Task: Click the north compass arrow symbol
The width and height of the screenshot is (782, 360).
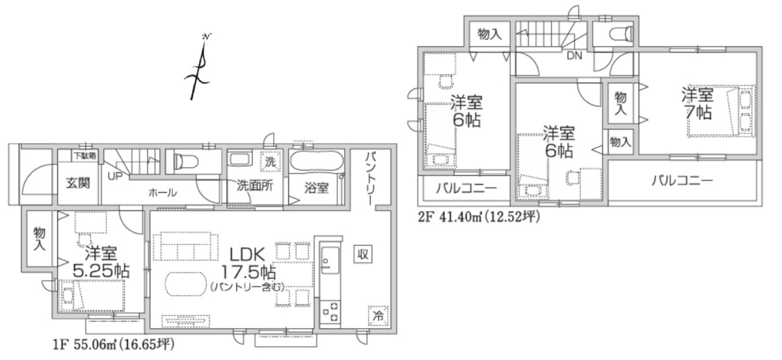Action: tap(199, 67)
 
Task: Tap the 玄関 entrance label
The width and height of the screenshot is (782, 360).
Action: tap(78, 183)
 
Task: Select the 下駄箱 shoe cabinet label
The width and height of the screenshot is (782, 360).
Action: tap(85, 156)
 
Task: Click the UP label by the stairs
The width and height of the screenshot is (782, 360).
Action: tap(115, 177)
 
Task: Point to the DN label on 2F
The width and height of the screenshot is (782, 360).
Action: tap(574, 56)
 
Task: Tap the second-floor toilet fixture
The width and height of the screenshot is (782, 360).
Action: tap(621, 34)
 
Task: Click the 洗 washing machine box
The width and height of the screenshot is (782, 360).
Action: tap(271, 162)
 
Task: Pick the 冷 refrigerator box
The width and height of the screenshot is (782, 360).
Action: tap(378, 316)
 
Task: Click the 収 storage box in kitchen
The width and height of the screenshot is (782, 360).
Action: tap(363, 254)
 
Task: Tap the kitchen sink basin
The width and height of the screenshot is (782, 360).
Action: tap(330, 260)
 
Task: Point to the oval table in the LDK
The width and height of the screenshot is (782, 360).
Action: tap(186, 284)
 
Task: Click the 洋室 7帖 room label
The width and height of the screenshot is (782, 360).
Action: tap(698, 104)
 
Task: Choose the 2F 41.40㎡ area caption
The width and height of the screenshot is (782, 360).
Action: tap(479, 217)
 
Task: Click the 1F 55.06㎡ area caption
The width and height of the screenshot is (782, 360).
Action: tap(114, 345)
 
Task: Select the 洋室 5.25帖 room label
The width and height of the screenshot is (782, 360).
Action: tap(101, 262)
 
